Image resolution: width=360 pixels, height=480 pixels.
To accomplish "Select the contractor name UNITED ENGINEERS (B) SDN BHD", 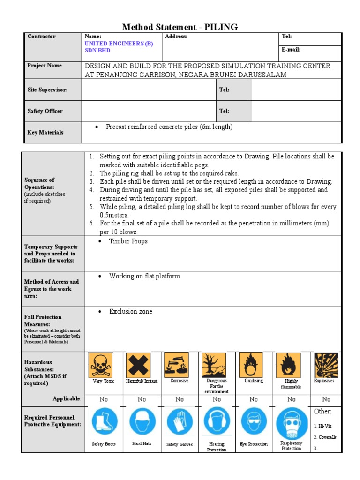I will click(118, 47).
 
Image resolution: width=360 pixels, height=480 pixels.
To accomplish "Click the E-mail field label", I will click(291, 50).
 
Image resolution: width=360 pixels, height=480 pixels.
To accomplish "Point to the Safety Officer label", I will click(45, 111).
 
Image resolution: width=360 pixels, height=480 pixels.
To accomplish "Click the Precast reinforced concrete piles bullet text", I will click(169, 127).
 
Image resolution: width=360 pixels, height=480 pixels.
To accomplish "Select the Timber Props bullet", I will click(128, 241).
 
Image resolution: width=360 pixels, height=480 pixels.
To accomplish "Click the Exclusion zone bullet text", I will click(130, 311).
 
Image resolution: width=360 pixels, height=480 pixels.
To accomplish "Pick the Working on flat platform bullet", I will click(144, 276).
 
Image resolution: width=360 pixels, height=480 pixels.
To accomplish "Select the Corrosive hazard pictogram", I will click(176, 364).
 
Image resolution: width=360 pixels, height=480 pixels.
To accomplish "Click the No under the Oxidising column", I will click(254, 399).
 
